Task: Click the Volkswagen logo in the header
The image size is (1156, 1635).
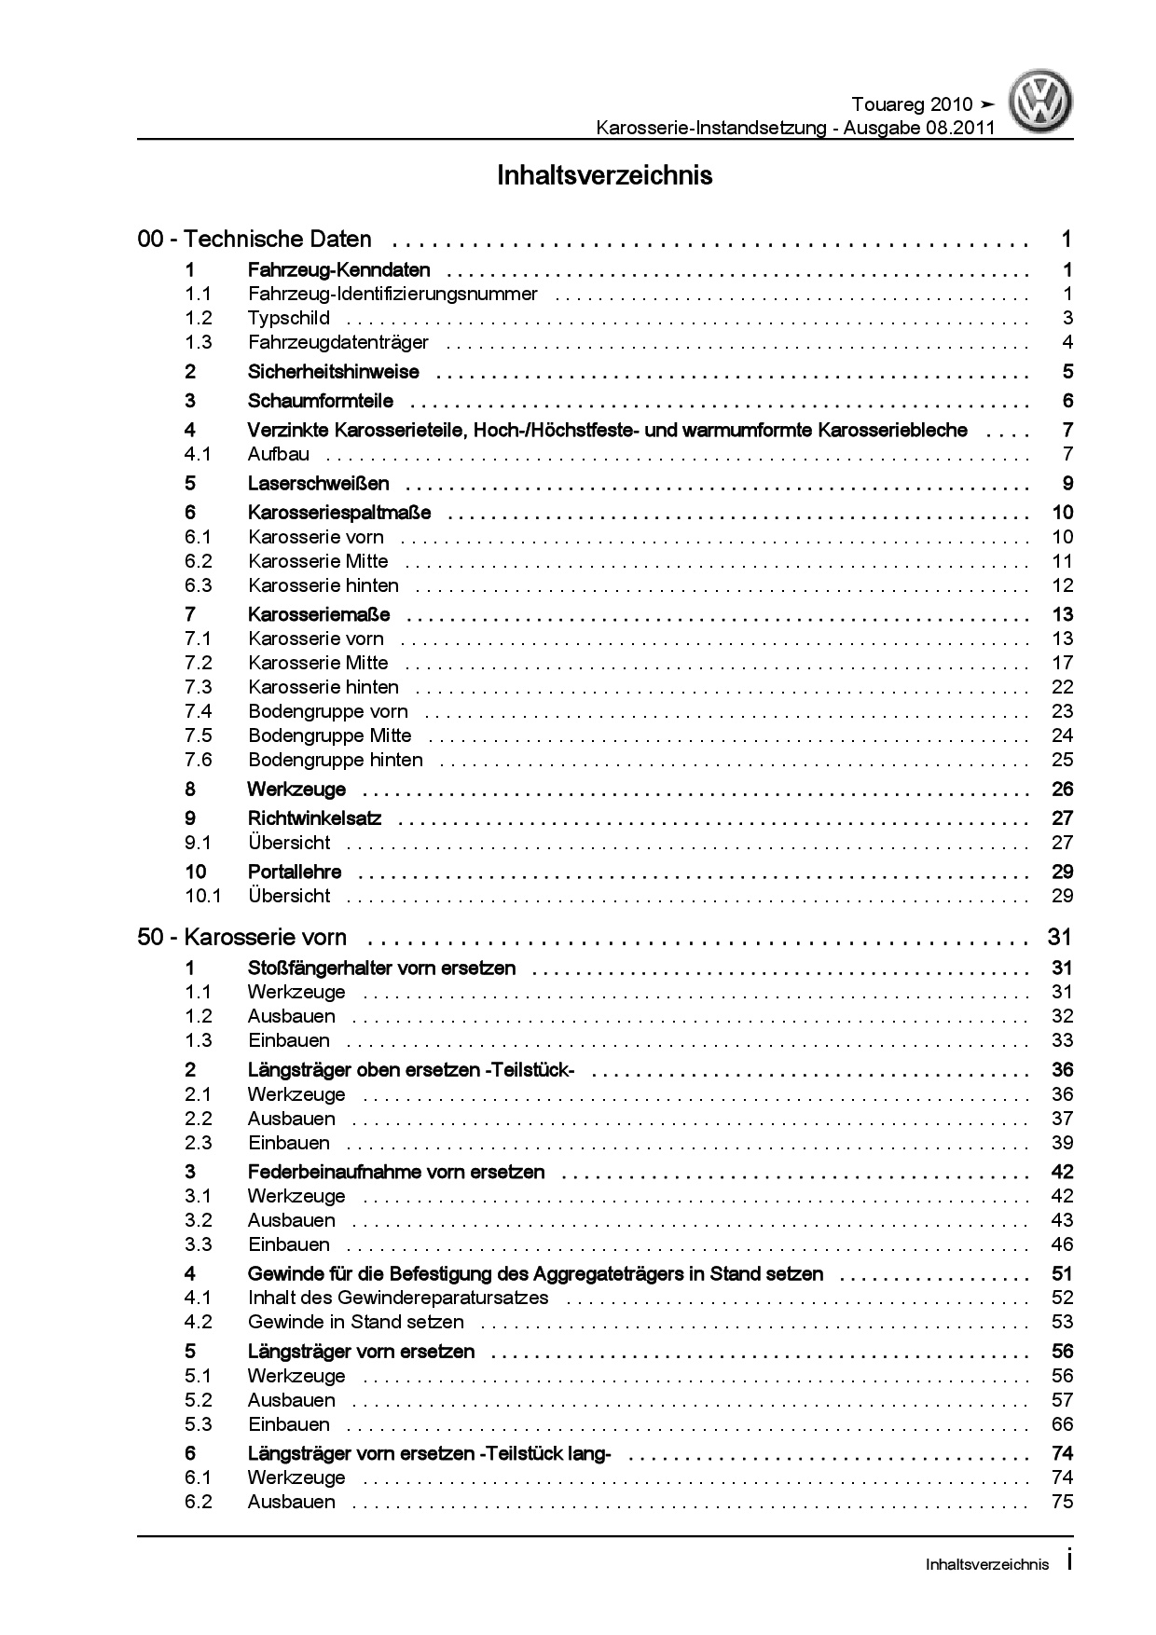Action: pyautogui.click(x=1042, y=103)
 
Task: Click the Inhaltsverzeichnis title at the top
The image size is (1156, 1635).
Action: pyautogui.click(x=604, y=175)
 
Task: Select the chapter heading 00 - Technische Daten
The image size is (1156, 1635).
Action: pyautogui.click(x=255, y=240)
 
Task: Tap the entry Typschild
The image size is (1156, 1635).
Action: pyautogui.click(x=288, y=318)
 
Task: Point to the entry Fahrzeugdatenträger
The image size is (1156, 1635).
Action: pyautogui.click(x=337, y=342)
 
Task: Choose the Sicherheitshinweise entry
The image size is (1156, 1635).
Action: pyautogui.click(x=333, y=372)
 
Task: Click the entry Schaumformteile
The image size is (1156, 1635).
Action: pyautogui.click(x=320, y=401)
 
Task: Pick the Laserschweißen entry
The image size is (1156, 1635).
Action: pyautogui.click(x=318, y=483)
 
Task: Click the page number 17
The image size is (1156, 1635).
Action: pyautogui.click(x=1062, y=663)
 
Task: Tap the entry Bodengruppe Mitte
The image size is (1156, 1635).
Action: pyautogui.click(x=329, y=735)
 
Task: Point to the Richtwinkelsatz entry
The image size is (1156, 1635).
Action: pyautogui.click(x=321, y=818)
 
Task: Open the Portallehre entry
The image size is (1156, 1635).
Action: pyautogui.click(x=294, y=872)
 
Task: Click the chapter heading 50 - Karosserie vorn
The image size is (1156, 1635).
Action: pyautogui.click(x=241, y=937)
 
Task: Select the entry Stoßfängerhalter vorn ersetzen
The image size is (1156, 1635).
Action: pyautogui.click(x=381, y=969)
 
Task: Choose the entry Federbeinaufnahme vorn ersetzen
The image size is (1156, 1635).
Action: pyautogui.click(x=395, y=1172)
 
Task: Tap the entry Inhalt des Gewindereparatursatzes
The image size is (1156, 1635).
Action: pyautogui.click(x=397, y=1298)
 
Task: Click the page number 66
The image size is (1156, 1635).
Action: pyautogui.click(x=1062, y=1424)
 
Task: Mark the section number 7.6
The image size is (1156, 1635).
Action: pyautogui.click(x=198, y=760)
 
